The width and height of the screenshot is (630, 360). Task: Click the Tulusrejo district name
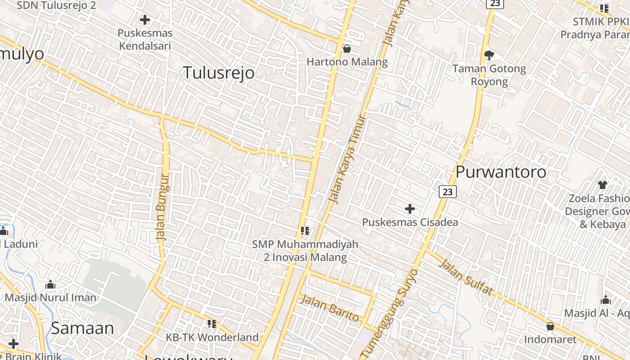pyautogui.click(x=218, y=72)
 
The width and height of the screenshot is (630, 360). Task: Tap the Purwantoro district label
pyautogui.click(x=501, y=171)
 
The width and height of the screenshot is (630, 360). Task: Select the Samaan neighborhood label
pyautogui.click(x=82, y=328)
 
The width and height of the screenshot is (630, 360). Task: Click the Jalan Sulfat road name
pyautogui.click(x=465, y=277)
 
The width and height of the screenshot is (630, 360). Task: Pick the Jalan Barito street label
pyautogui.click(x=330, y=308)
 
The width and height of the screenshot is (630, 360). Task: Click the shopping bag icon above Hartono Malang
pyautogui.click(x=347, y=48)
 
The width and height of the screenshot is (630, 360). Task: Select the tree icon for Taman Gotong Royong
pyautogui.click(x=489, y=55)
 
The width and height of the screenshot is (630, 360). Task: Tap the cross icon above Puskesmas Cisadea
pyautogui.click(x=410, y=209)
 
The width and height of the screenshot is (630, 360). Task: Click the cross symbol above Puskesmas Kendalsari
pyautogui.click(x=145, y=20)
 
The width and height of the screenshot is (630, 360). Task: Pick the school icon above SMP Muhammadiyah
pyautogui.click(x=305, y=231)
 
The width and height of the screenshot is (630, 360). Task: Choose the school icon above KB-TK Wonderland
pyautogui.click(x=212, y=324)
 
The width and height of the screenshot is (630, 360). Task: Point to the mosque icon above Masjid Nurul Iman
pyautogui.click(x=50, y=284)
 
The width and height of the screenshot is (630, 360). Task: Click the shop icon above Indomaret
pyautogui.click(x=550, y=326)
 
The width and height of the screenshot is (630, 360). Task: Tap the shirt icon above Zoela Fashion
pyautogui.click(x=603, y=184)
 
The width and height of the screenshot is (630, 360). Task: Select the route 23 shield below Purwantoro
pyautogui.click(x=447, y=192)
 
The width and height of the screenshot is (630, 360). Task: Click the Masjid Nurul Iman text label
pyautogui.click(x=50, y=297)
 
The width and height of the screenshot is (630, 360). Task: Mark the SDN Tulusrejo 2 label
pyautogui.click(x=56, y=5)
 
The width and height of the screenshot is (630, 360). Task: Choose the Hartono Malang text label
pyautogui.click(x=347, y=62)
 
